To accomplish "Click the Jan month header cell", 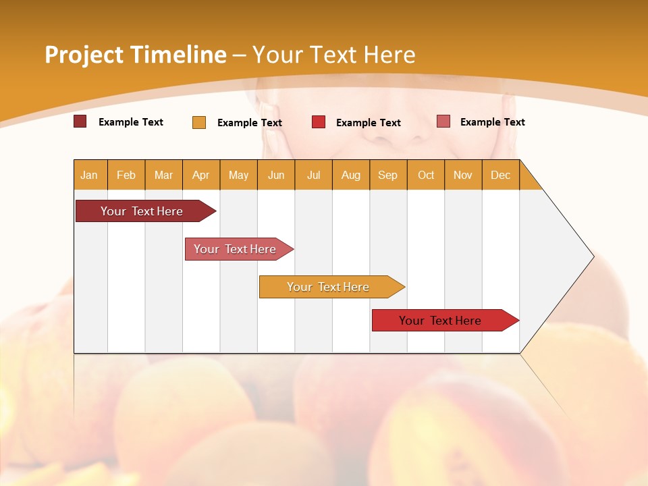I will point(90,175).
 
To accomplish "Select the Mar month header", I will point(163,175).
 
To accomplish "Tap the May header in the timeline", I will point(238,175).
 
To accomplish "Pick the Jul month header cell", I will point(313,175).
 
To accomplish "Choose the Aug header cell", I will point(351,175).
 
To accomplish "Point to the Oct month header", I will point(426,175).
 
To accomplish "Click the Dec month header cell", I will point(500,175).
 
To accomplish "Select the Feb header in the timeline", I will point(126,175).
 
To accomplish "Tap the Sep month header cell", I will point(388,175).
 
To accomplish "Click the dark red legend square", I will point(80,122).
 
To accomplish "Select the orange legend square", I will point(199,122).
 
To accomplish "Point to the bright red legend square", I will point(319,122).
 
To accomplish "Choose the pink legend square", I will point(443,122).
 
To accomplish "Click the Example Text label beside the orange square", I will point(249,123).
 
